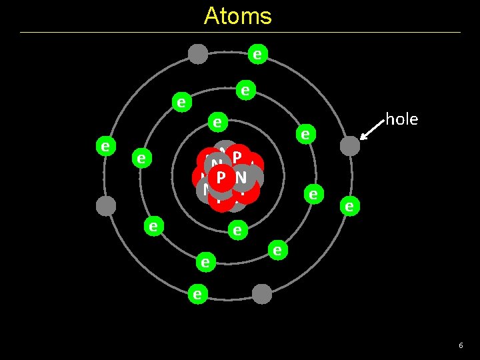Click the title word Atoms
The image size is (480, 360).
point(237,16)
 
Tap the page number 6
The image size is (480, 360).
point(460,345)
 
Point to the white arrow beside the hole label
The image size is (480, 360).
point(371,130)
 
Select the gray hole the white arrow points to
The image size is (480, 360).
point(349,146)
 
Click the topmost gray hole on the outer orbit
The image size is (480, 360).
point(198,53)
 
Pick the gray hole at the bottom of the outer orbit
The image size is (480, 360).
point(262,294)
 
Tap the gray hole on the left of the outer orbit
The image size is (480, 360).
point(106,205)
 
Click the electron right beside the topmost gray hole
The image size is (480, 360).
point(257,54)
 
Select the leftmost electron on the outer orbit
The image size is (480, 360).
point(105,145)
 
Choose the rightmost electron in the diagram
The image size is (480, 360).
point(348,206)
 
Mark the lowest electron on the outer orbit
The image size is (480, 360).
point(197,293)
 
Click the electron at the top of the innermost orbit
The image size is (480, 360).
point(217,122)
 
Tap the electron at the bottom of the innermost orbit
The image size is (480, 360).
point(235,231)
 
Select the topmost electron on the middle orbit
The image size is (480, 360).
point(245,89)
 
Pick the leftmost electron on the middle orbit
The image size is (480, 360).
point(141,158)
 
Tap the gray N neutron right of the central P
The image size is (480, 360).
point(241,177)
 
